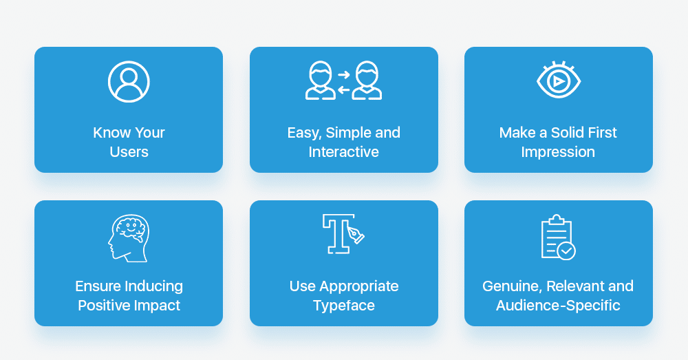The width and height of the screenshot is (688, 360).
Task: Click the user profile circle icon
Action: (x=129, y=82)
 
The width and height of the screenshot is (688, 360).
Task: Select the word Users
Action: (x=129, y=152)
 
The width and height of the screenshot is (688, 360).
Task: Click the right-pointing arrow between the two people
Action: (x=343, y=74)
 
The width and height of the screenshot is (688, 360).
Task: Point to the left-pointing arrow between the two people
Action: (x=343, y=90)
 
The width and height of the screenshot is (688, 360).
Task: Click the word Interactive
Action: (x=343, y=152)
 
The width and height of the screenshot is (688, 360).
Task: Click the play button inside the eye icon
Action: (x=558, y=81)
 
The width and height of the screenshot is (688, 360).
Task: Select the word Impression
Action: (x=558, y=152)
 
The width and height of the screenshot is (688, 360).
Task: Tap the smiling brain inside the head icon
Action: (x=129, y=229)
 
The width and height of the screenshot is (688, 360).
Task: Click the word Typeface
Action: (x=344, y=306)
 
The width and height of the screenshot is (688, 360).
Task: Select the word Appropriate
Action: (x=359, y=286)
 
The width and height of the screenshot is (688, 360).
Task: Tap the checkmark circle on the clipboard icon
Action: (x=566, y=251)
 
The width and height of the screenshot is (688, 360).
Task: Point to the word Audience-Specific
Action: (x=558, y=306)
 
